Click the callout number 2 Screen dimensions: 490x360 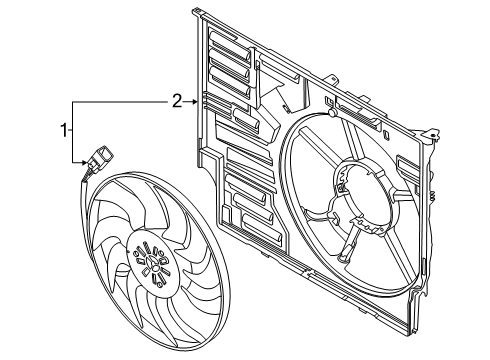pyautogui.click(x=176, y=101)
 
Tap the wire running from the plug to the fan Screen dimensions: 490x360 pyautogui.click(x=84, y=178)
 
